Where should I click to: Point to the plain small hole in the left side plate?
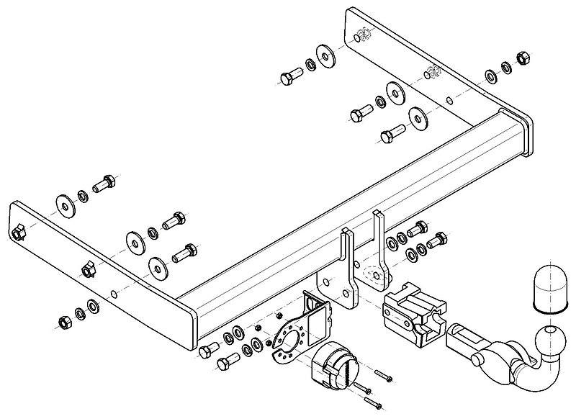(x=114, y=292)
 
